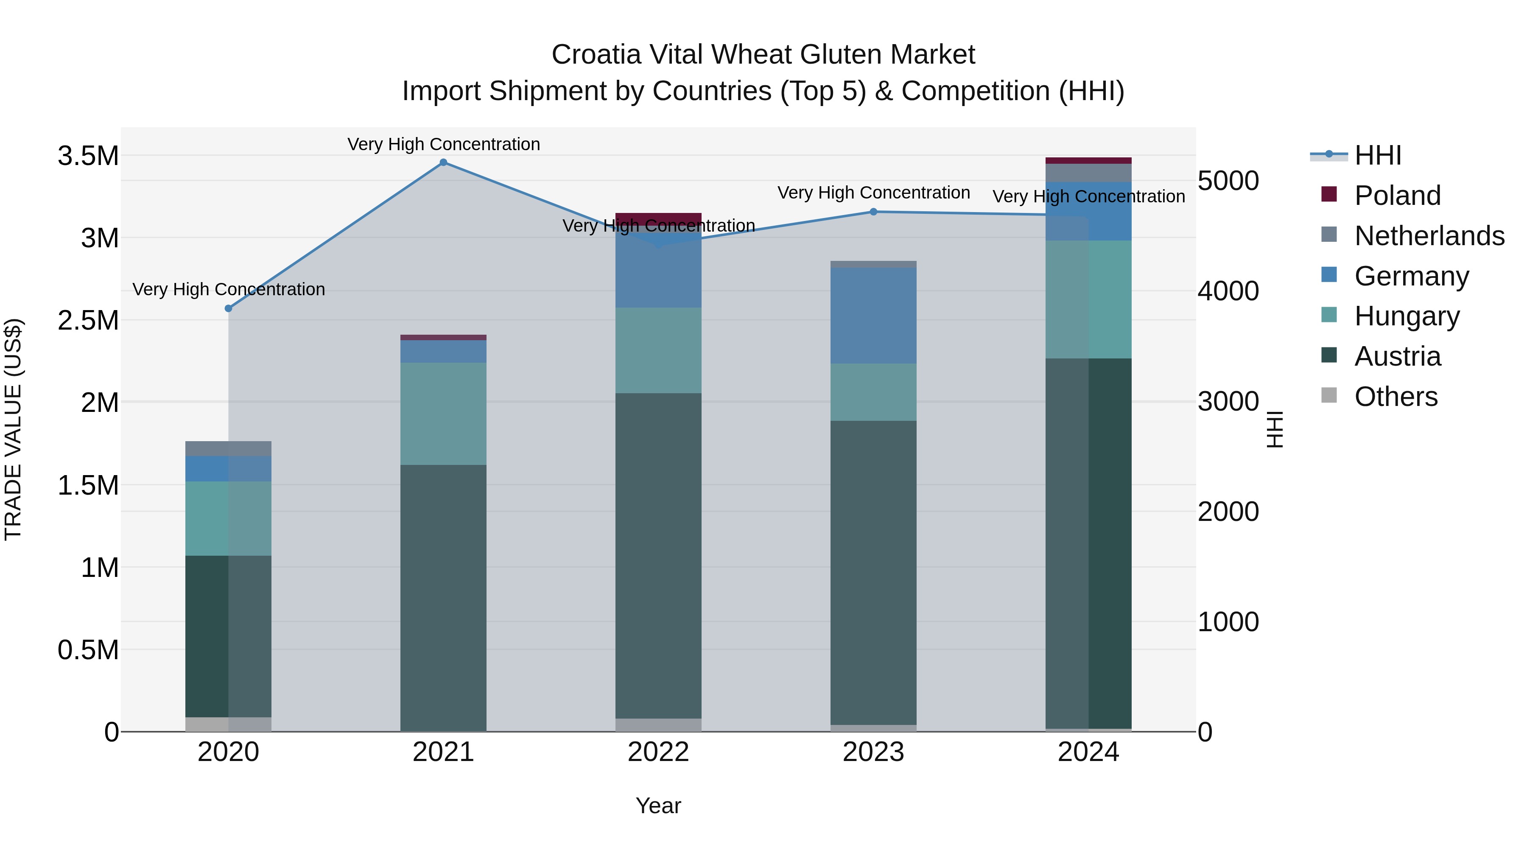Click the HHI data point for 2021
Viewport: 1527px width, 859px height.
[x=443, y=162]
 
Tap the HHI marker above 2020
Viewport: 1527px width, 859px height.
[x=229, y=308]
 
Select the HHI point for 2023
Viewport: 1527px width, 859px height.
[x=873, y=212]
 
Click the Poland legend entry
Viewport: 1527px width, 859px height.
[x=1397, y=196]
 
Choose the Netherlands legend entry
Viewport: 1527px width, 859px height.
[x=1429, y=236]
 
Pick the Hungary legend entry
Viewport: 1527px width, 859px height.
[x=1407, y=316]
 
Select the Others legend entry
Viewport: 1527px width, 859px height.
[x=1396, y=397]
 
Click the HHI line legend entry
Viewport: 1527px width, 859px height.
[x=1378, y=155]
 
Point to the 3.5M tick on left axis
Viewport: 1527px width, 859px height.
[x=88, y=156]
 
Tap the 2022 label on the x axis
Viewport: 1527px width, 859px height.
[x=658, y=752]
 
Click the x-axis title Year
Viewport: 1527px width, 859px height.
[x=658, y=806]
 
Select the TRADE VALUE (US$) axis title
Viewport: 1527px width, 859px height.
[x=13, y=429]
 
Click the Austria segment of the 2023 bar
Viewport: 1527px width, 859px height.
[x=873, y=572]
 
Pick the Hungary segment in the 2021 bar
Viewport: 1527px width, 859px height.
[x=443, y=413]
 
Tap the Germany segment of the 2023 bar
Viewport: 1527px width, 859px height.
[x=873, y=315]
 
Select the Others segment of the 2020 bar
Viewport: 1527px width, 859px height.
[x=229, y=724]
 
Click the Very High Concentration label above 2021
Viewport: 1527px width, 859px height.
[x=443, y=144]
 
